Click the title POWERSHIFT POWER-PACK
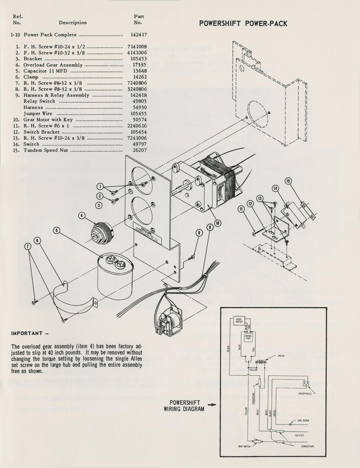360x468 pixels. [243, 24]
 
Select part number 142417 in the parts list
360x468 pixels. [138, 35]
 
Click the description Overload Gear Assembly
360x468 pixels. [53, 65]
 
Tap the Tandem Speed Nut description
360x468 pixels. [46, 150]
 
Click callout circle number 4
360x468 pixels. [82, 215]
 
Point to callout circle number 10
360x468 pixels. [217, 223]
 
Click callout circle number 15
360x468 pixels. [288, 181]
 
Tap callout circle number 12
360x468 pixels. [250, 203]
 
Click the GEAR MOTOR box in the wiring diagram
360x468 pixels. [239, 321]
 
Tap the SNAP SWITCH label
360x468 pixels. [244, 446]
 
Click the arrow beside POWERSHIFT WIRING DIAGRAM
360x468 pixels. [212, 405]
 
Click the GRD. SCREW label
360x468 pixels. [303, 420]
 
